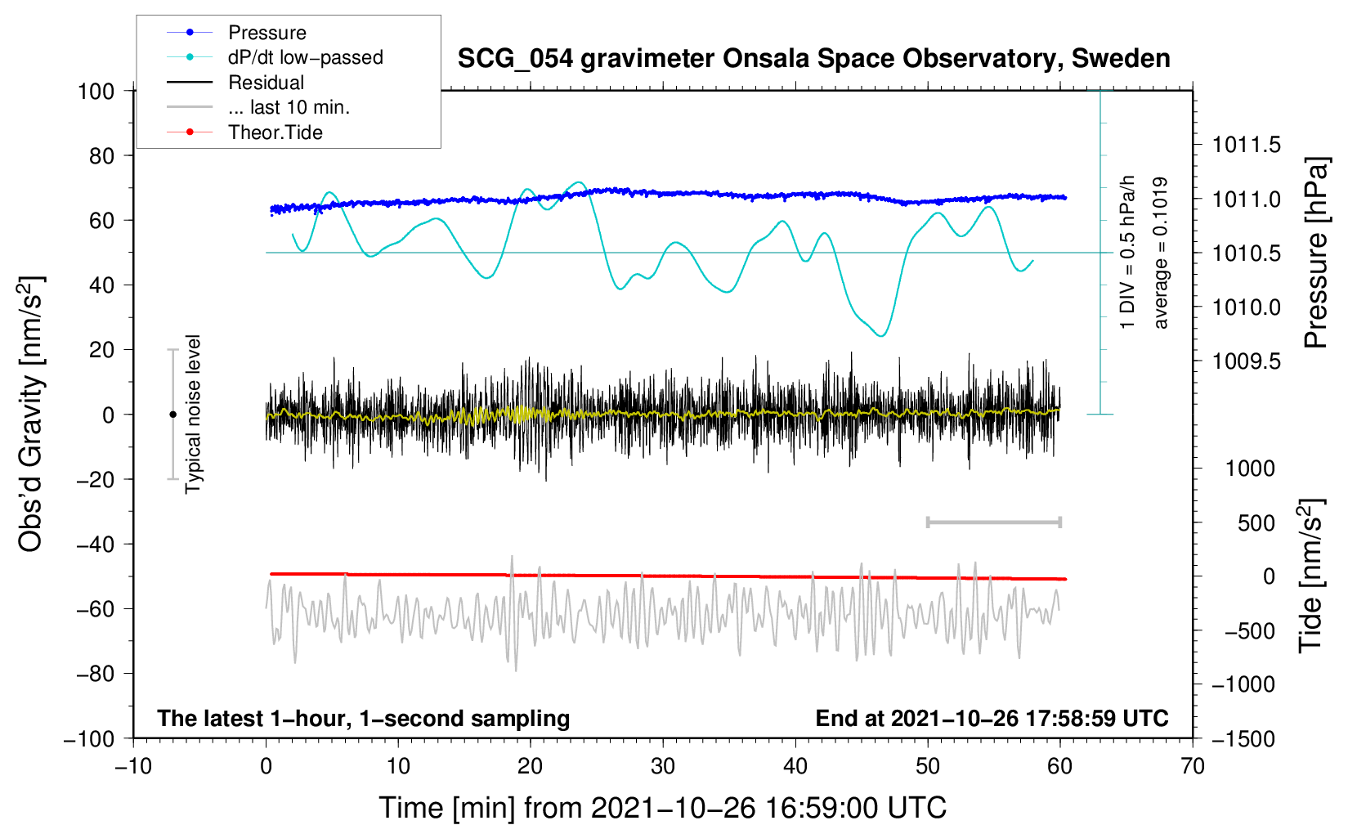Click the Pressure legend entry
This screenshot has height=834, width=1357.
coord(266,33)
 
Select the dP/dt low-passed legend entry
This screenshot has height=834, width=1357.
coord(305,57)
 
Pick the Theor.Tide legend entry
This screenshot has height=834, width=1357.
coord(275,132)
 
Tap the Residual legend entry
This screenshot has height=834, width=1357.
coord(266,83)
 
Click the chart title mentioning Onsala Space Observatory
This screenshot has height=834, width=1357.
coord(813,59)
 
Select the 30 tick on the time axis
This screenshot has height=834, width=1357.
coord(663,766)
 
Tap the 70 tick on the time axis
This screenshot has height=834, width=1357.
coord(1193,766)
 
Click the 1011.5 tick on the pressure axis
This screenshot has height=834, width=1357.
coord(1246,146)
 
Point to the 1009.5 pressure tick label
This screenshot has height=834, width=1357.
coord(1246,361)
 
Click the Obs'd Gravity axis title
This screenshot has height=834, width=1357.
coord(31,414)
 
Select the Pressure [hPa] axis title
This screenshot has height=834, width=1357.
coord(1316,253)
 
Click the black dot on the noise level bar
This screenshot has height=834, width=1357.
coord(172,415)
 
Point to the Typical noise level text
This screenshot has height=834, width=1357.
coord(193,414)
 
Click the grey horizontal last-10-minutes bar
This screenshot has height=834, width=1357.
coord(993,522)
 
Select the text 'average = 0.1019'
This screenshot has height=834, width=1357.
coord(1161,253)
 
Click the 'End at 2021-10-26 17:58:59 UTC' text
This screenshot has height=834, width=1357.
coord(992,719)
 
